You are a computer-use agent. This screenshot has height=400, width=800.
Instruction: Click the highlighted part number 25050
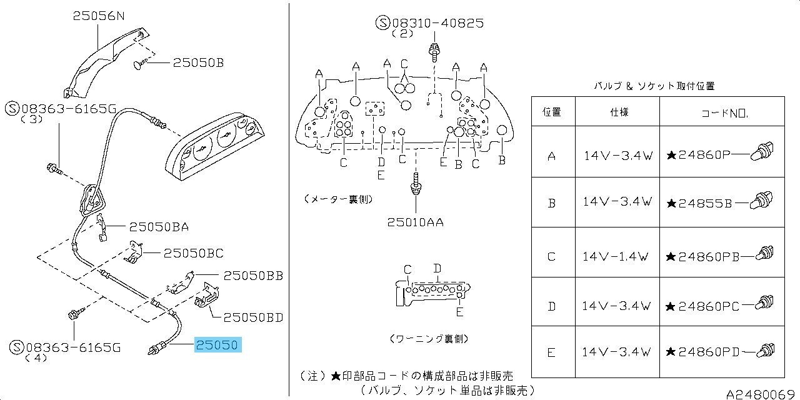(218, 345)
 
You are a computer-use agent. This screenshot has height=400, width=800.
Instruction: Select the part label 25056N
(99, 17)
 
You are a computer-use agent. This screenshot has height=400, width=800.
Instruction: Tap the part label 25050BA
(159, 227)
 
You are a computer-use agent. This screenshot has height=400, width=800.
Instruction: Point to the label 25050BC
(193, 253)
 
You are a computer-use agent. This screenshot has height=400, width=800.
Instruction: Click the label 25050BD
(253, 317)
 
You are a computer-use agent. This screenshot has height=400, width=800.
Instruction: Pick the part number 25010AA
(415, 222)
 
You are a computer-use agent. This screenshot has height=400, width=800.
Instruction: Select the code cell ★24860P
(699, 154)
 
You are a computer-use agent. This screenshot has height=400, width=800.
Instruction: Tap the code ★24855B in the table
(699, 202)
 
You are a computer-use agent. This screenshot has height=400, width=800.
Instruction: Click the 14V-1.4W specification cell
(617, 256)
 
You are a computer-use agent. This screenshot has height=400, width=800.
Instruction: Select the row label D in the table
(551, 306)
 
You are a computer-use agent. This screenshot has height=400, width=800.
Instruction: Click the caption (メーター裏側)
(338, 199)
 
